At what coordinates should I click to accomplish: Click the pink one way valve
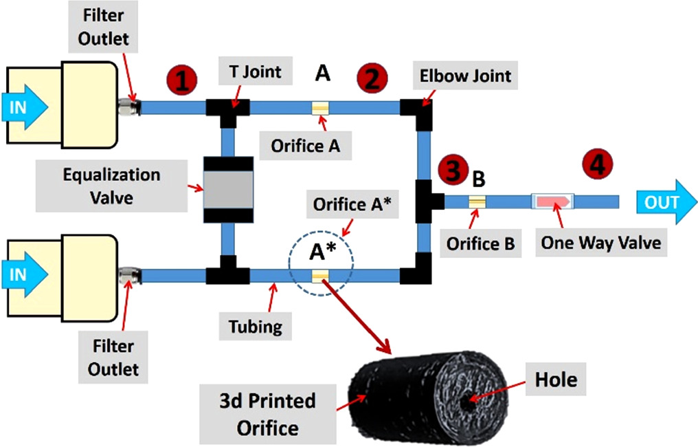[553, 201]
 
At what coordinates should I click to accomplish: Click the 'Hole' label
[556, 379]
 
